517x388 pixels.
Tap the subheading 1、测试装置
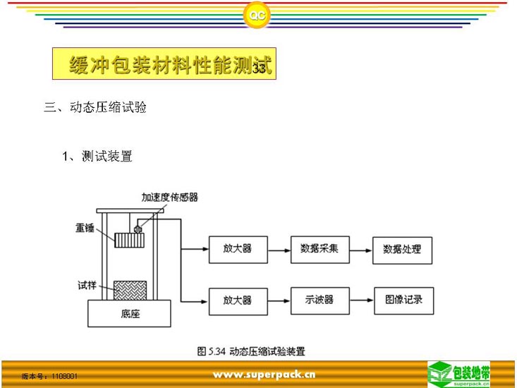coord(97,156)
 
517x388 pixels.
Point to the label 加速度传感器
coord(170,198)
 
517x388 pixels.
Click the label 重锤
coord(86,227)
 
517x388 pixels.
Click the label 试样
coord(87,286)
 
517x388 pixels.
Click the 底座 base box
coord(128,313)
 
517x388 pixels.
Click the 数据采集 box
coord(320,249)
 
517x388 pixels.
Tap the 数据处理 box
coord(402,249)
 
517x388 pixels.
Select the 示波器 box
coord(320,300)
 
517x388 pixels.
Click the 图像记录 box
coord(403,300)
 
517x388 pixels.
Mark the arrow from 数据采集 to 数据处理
coord(360,249)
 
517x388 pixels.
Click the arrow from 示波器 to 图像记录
coord(360,300)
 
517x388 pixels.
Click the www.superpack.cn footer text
coord(264,374)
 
